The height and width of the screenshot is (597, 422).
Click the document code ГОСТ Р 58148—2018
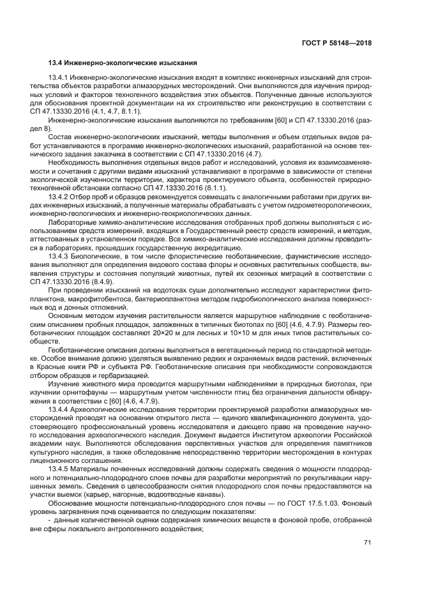[x=336, y=43]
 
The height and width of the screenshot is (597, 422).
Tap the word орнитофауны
[x=73, y=391]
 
